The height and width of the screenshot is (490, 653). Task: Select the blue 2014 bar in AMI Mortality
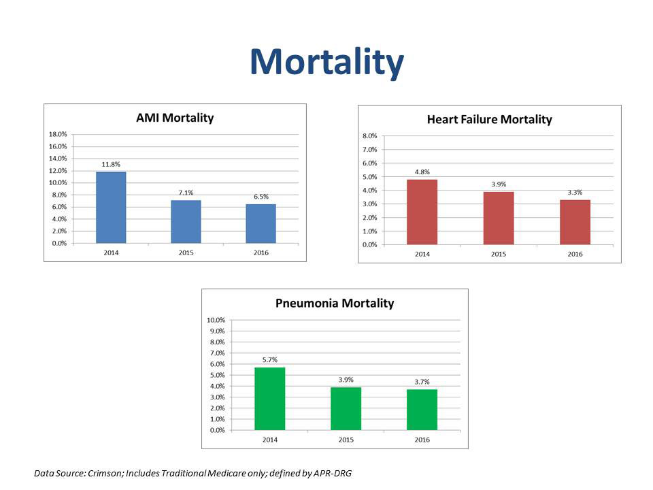click(111, 208)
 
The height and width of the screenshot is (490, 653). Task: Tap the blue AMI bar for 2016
click(261, 223)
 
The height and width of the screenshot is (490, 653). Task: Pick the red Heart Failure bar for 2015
click(499, 218)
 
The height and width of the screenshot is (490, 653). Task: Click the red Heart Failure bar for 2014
click(422, 212)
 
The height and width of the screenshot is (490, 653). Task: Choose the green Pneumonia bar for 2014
click(269, 399)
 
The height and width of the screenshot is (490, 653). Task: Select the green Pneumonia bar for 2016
click(422, 410)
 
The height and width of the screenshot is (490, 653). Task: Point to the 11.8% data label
click(111, 164)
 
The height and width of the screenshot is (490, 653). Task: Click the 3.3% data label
click(575, 193)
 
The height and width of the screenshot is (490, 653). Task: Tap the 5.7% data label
click(269, 359)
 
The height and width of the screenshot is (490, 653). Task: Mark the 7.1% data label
click(186, 193)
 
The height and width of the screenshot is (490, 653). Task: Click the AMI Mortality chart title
click(175, 118)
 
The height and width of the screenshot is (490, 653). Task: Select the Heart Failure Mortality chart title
click(489, 120)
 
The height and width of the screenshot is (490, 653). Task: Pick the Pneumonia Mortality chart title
click(335, 304)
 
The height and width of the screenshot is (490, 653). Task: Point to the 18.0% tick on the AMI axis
click(57, 135)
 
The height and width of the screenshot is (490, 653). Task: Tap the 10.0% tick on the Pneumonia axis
click(216, 321)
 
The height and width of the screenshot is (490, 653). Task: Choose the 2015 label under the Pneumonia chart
click(346, 440)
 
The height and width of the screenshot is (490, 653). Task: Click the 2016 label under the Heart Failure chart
click(575, 254)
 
